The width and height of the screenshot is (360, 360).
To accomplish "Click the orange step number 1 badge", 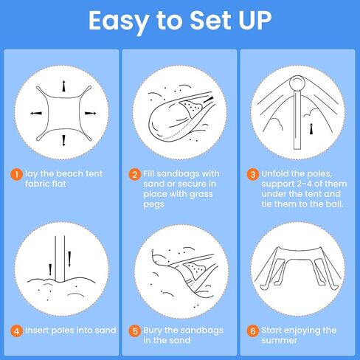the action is coord(16,174).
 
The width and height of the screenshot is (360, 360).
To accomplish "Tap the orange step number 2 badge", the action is coord(135,174).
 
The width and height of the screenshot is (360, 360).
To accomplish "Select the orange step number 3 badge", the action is coord(253,174).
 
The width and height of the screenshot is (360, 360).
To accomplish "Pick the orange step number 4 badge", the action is coord(16,330).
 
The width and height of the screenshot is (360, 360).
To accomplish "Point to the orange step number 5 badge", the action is coord(135,330).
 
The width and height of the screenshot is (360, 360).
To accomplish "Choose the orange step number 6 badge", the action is coord(253,330).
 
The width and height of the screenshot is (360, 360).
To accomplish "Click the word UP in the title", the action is coord(255,20).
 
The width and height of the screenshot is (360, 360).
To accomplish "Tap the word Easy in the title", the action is coord(119,22).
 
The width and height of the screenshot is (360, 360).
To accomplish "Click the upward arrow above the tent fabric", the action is coord(63,86).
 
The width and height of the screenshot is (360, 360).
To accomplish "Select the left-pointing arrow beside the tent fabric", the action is coord(36,113).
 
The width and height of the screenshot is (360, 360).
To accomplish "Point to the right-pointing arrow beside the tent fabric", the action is coord(91,113).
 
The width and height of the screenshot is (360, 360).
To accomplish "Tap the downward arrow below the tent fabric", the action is coord(63,140).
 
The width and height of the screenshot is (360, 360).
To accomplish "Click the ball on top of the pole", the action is coord(297,83).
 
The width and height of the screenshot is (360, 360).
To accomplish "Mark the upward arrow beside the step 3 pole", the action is coord(311,128).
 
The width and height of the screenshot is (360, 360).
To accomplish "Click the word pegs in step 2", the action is coord(154,204).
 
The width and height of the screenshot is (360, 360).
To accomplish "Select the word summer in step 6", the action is coord(280,341).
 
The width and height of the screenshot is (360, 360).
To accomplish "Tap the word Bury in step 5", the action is coord(153,330).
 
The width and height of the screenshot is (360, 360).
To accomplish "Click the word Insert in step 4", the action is coord(38,330).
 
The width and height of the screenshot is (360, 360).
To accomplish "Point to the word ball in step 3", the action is coord(334,204).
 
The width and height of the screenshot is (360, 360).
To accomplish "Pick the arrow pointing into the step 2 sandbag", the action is coord(209,100).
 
